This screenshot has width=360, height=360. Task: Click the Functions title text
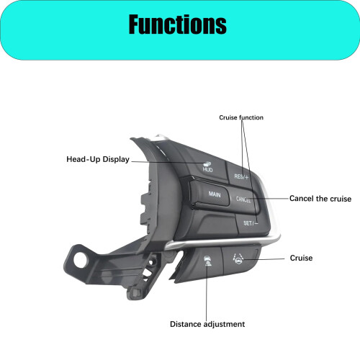178,24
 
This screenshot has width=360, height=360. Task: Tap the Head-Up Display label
98,159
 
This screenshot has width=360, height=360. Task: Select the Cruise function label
241,117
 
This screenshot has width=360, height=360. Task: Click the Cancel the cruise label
320,199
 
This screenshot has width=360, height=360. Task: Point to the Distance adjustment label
207,324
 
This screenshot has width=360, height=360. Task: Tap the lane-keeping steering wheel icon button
240,259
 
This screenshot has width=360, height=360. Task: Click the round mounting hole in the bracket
81,260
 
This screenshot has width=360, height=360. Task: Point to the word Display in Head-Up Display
116,159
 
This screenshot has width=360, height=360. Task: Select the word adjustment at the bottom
224,325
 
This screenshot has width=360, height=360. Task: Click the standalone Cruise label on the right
301,258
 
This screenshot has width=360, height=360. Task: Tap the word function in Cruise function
251,117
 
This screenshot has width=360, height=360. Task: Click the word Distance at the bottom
186,324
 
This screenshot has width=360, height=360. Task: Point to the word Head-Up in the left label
84,159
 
